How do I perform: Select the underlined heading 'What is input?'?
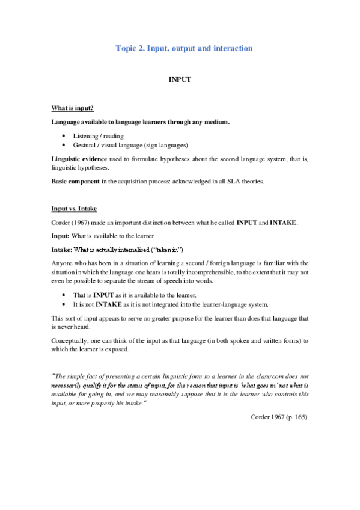pos(72,108)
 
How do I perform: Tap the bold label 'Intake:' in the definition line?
pos(62,249)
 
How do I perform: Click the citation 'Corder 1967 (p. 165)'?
pos(279,416)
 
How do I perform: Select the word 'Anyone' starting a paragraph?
pos(63,263)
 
